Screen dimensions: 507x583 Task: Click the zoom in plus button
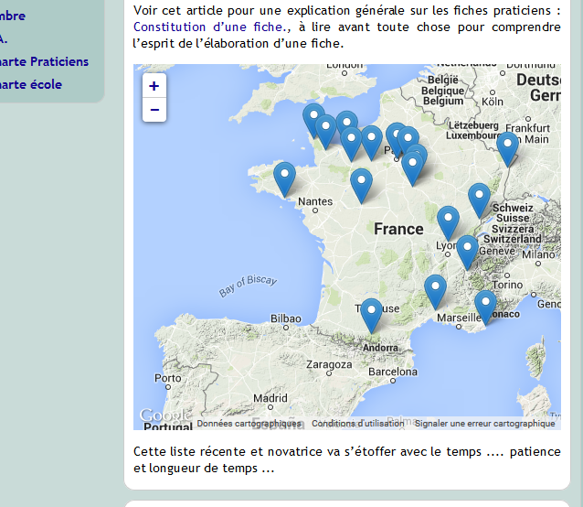tap(154, 86)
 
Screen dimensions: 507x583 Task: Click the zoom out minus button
tap(154, 110)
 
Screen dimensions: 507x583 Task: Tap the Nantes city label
tap(315, 201)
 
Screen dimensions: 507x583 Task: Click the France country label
tap(398, 229)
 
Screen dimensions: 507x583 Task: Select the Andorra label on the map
tap(380, 348)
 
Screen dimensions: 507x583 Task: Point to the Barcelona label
tap(393, 372)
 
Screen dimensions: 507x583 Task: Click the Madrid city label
tap(270, 398)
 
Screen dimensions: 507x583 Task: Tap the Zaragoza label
tap(329, 364)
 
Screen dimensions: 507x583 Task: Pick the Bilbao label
tap(285, 319)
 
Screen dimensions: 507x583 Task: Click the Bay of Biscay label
tap(248, 286)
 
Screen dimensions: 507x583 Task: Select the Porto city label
tap(167, 378)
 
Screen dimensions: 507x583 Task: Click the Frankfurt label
tap(526, 128)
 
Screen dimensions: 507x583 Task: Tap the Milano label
tap(539, 253)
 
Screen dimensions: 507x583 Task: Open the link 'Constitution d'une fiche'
tap(207, 27)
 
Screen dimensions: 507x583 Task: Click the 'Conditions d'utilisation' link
tap(357, 424)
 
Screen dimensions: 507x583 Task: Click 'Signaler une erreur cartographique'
tap(484, 424)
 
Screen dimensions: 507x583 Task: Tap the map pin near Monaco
tap(485, 306)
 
